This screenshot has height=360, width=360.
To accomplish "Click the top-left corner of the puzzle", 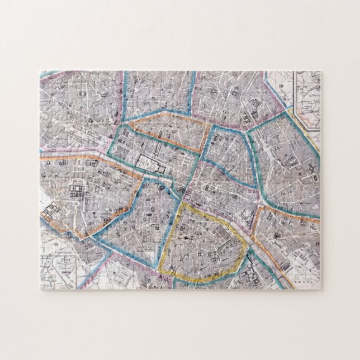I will coord(40,71).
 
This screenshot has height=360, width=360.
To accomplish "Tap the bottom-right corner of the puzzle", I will coord(320,290).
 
